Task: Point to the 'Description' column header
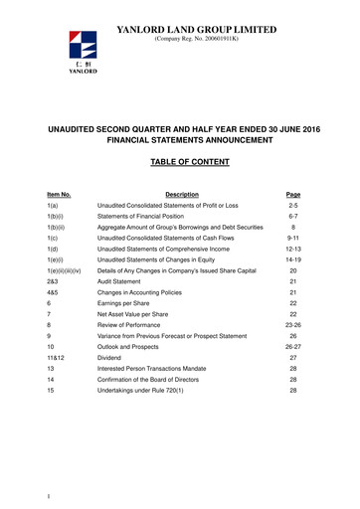pyautogui.click(x=184, y=194)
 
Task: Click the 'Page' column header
pyautogui.click(x=291, y=194)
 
